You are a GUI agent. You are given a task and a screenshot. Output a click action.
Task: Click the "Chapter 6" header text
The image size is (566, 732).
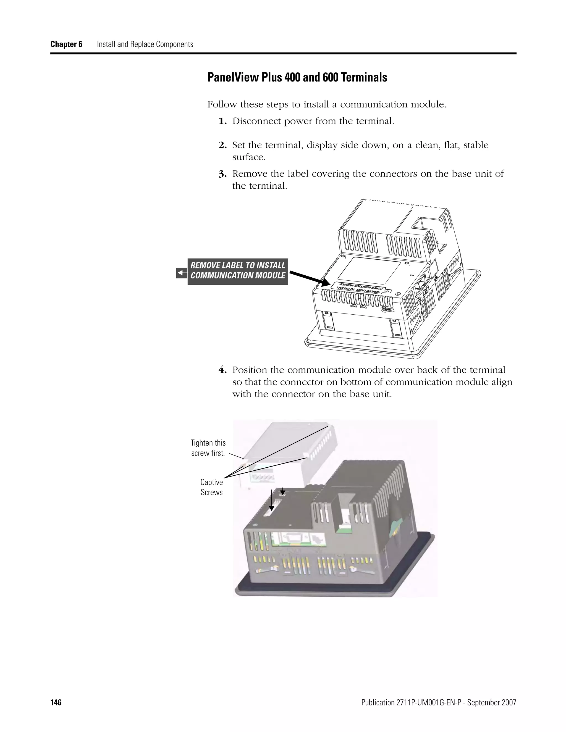tap(66, 44)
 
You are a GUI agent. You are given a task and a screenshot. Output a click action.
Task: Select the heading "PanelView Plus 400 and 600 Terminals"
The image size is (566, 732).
tap(297, 77)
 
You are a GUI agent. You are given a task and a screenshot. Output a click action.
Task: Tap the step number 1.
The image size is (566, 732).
tap(223, 121)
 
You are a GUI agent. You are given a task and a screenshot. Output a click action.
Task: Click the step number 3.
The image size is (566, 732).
tap(223, 174)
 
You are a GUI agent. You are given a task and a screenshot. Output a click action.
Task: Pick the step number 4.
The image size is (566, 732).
tap(223, 370)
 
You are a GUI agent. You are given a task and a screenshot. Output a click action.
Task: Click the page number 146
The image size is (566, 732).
tap(56, 702)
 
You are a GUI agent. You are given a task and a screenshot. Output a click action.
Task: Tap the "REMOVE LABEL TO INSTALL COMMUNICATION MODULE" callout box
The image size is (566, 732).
tap(238, 271)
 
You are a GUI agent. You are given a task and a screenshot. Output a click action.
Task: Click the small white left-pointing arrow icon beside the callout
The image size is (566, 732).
tap(181, 273)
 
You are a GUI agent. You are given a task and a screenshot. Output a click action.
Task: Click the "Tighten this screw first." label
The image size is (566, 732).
tap(208, 448)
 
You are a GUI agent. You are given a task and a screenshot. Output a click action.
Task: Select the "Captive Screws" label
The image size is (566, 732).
tap(212, 487)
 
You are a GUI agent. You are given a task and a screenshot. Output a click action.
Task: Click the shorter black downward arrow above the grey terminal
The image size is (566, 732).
tap(283, 491)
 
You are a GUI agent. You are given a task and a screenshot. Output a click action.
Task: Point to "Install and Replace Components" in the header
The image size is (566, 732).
tap(145, 44)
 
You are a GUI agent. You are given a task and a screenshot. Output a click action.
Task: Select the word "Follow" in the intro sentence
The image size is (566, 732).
tap(222, 105)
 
